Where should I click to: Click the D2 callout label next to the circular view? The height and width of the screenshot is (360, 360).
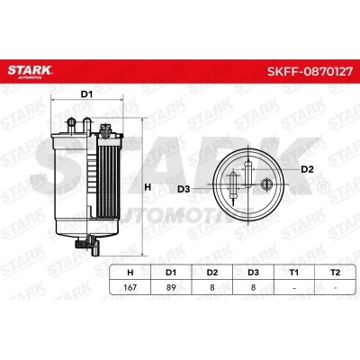307,168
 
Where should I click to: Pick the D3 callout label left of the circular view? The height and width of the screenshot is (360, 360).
183,188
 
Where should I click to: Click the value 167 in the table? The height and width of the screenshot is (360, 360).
131,287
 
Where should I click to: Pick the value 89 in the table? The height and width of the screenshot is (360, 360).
171,287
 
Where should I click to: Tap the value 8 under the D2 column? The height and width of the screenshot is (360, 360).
211,287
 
